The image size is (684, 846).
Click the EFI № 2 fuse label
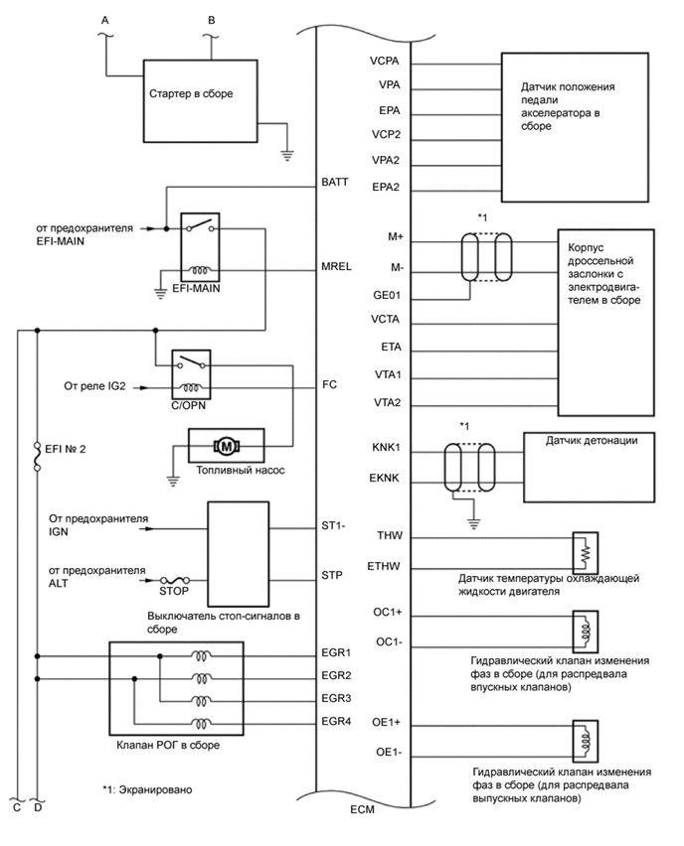pyautogui.click(x=69, y=448)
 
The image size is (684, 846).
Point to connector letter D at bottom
pyautogui.click(x=37, y=806)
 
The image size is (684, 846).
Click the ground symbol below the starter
pyautogui.click(x=286, y=155)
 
